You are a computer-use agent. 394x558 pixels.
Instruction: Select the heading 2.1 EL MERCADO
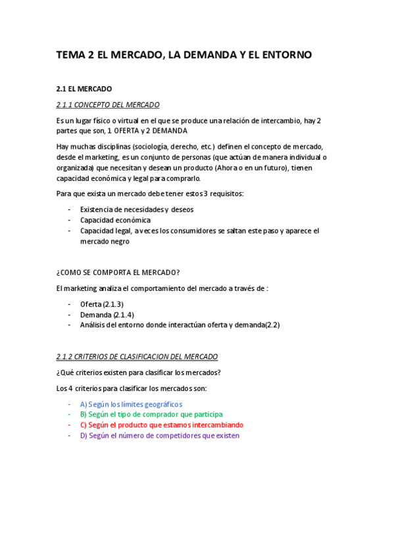(84, 89)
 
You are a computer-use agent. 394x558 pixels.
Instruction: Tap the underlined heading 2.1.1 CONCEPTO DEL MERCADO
(108, 105)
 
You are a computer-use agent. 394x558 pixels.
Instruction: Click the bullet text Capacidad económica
(115, 220)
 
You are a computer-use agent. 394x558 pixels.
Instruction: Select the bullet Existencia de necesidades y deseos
(137, 210)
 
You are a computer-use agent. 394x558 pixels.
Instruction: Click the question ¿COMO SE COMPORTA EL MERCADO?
(118, 272)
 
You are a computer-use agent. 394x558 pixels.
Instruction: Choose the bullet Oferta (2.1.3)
(101, 304)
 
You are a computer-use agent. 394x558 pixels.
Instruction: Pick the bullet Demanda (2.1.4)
(107, 315)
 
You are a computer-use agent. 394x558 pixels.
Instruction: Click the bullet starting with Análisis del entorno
(180, 325)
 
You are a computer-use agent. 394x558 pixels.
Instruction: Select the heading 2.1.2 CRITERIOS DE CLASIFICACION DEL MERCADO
(137, 357)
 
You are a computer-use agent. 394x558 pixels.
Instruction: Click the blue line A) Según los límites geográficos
(131, 404)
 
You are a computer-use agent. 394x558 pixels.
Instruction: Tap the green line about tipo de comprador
(151, 415)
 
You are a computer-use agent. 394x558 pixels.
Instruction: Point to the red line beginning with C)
(161, 425)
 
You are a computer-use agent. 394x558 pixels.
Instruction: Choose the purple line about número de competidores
(160, 436)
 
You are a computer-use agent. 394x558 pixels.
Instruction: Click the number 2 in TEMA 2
(90, 56)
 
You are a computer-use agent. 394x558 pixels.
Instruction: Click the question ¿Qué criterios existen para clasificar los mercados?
(138, 372)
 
